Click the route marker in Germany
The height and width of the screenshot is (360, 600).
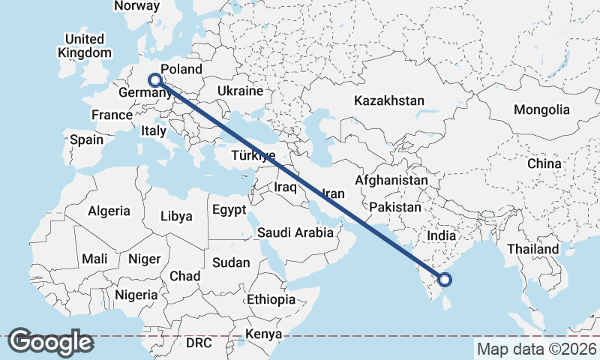pyautogui.click(x=154, y=80)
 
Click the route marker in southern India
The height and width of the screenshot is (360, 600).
pyautogui.click(x=445, y=280)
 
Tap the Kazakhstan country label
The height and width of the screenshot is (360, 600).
pyautogui.click(x=389, y=100)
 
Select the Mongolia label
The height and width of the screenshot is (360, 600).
pyautogui.click(x=541, y=109)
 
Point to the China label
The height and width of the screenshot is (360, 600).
pyautogui.click(x=544, y=163)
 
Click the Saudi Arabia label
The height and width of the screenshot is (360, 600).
pyautogui.click(x=295, y=232)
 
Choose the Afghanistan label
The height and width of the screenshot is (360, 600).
pyautogui.click(x=391, y=181)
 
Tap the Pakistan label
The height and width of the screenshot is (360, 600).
pyautogui.click(x=395, y=206)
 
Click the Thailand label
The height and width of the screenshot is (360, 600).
pyautogui.click(x=532, y=249)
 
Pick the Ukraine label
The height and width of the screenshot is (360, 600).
pyautogui.click(x=240, y=91)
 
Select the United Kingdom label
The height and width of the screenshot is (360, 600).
pyautogui.click(x=84, y=46)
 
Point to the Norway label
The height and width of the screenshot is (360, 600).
pyautogui.click(x=136, y=6)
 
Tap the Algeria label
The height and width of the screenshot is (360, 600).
pyautogui.click(x=109, y=211)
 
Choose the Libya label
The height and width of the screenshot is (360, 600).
pyautogui.click(x=176, y=216)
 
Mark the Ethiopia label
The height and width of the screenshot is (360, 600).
pyautogui.click(x=271, y=299)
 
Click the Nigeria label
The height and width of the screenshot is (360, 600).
pyautogui.click(x=136, y=295)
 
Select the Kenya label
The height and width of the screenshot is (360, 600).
pyautogui.click(x=263, y=334)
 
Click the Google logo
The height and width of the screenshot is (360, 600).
pyautogui.click(x=50, y=341)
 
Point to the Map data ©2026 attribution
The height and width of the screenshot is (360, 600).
pyautogui.click(x=536, y=349)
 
